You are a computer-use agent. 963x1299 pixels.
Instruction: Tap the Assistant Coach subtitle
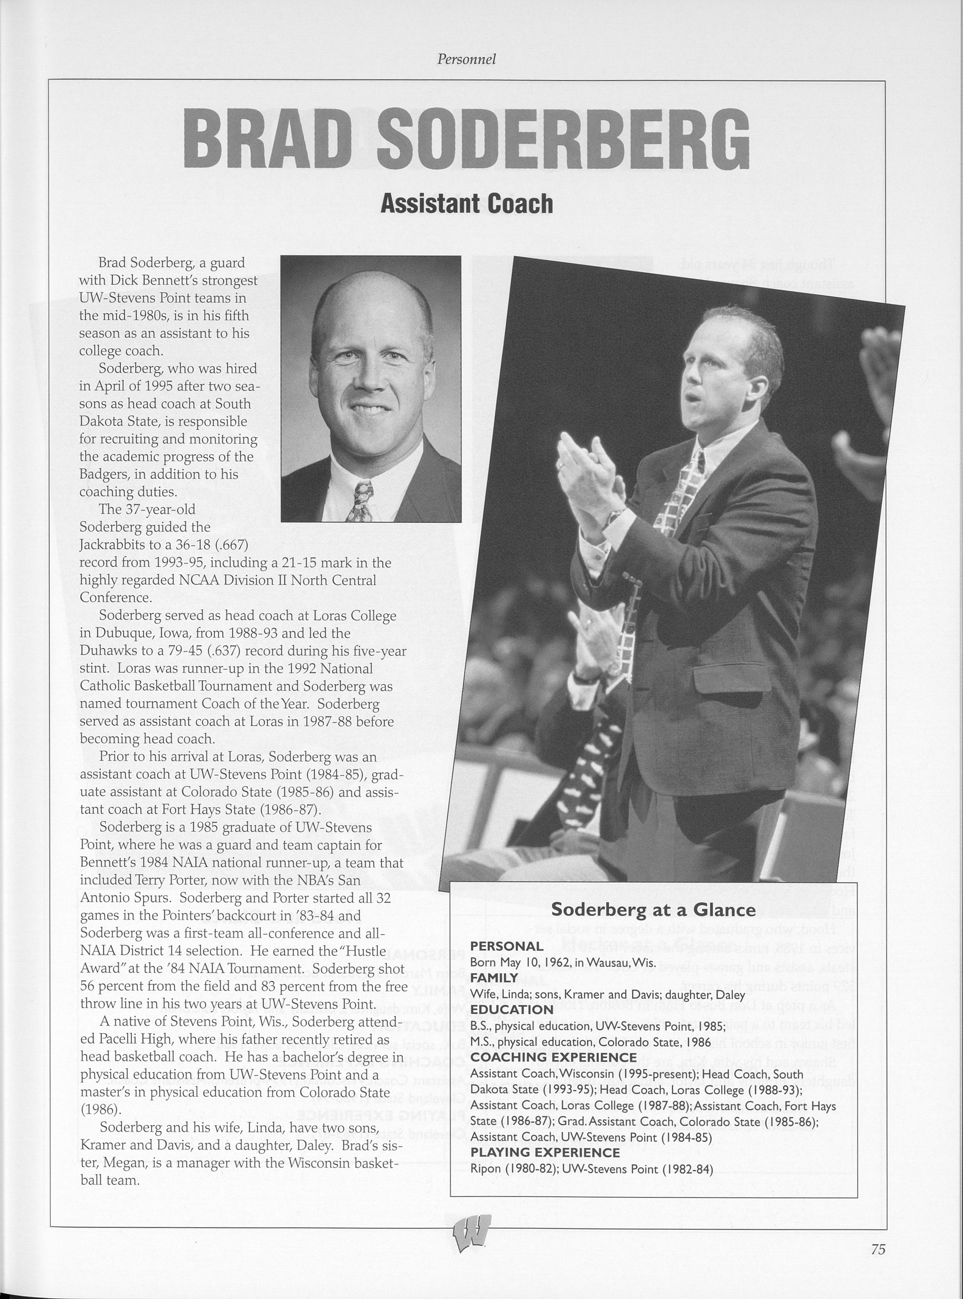(x=466, y=203)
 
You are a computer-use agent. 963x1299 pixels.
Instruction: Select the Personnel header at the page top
(x=466, y=59)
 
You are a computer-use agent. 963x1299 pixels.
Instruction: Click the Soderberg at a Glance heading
(x=653, y=910)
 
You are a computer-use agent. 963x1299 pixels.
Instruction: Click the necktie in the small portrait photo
(x=359, y=502)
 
